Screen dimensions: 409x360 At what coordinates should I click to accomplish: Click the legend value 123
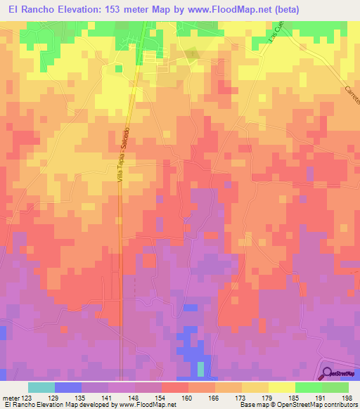(x=23, y=397)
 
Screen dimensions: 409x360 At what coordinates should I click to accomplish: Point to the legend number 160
(x=187, y=397)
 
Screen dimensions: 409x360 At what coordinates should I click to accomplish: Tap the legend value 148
(x=134, y=397)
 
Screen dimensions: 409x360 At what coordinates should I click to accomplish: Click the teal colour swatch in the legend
(x=41, y=387)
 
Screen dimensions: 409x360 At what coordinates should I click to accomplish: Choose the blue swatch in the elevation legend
(x=68, y=387)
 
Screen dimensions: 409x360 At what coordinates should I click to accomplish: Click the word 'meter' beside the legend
(x=9, y=397)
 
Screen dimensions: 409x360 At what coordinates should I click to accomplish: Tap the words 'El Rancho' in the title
(x=26, y=10)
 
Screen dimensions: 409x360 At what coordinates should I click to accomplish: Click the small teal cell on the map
(x=200, y=368)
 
